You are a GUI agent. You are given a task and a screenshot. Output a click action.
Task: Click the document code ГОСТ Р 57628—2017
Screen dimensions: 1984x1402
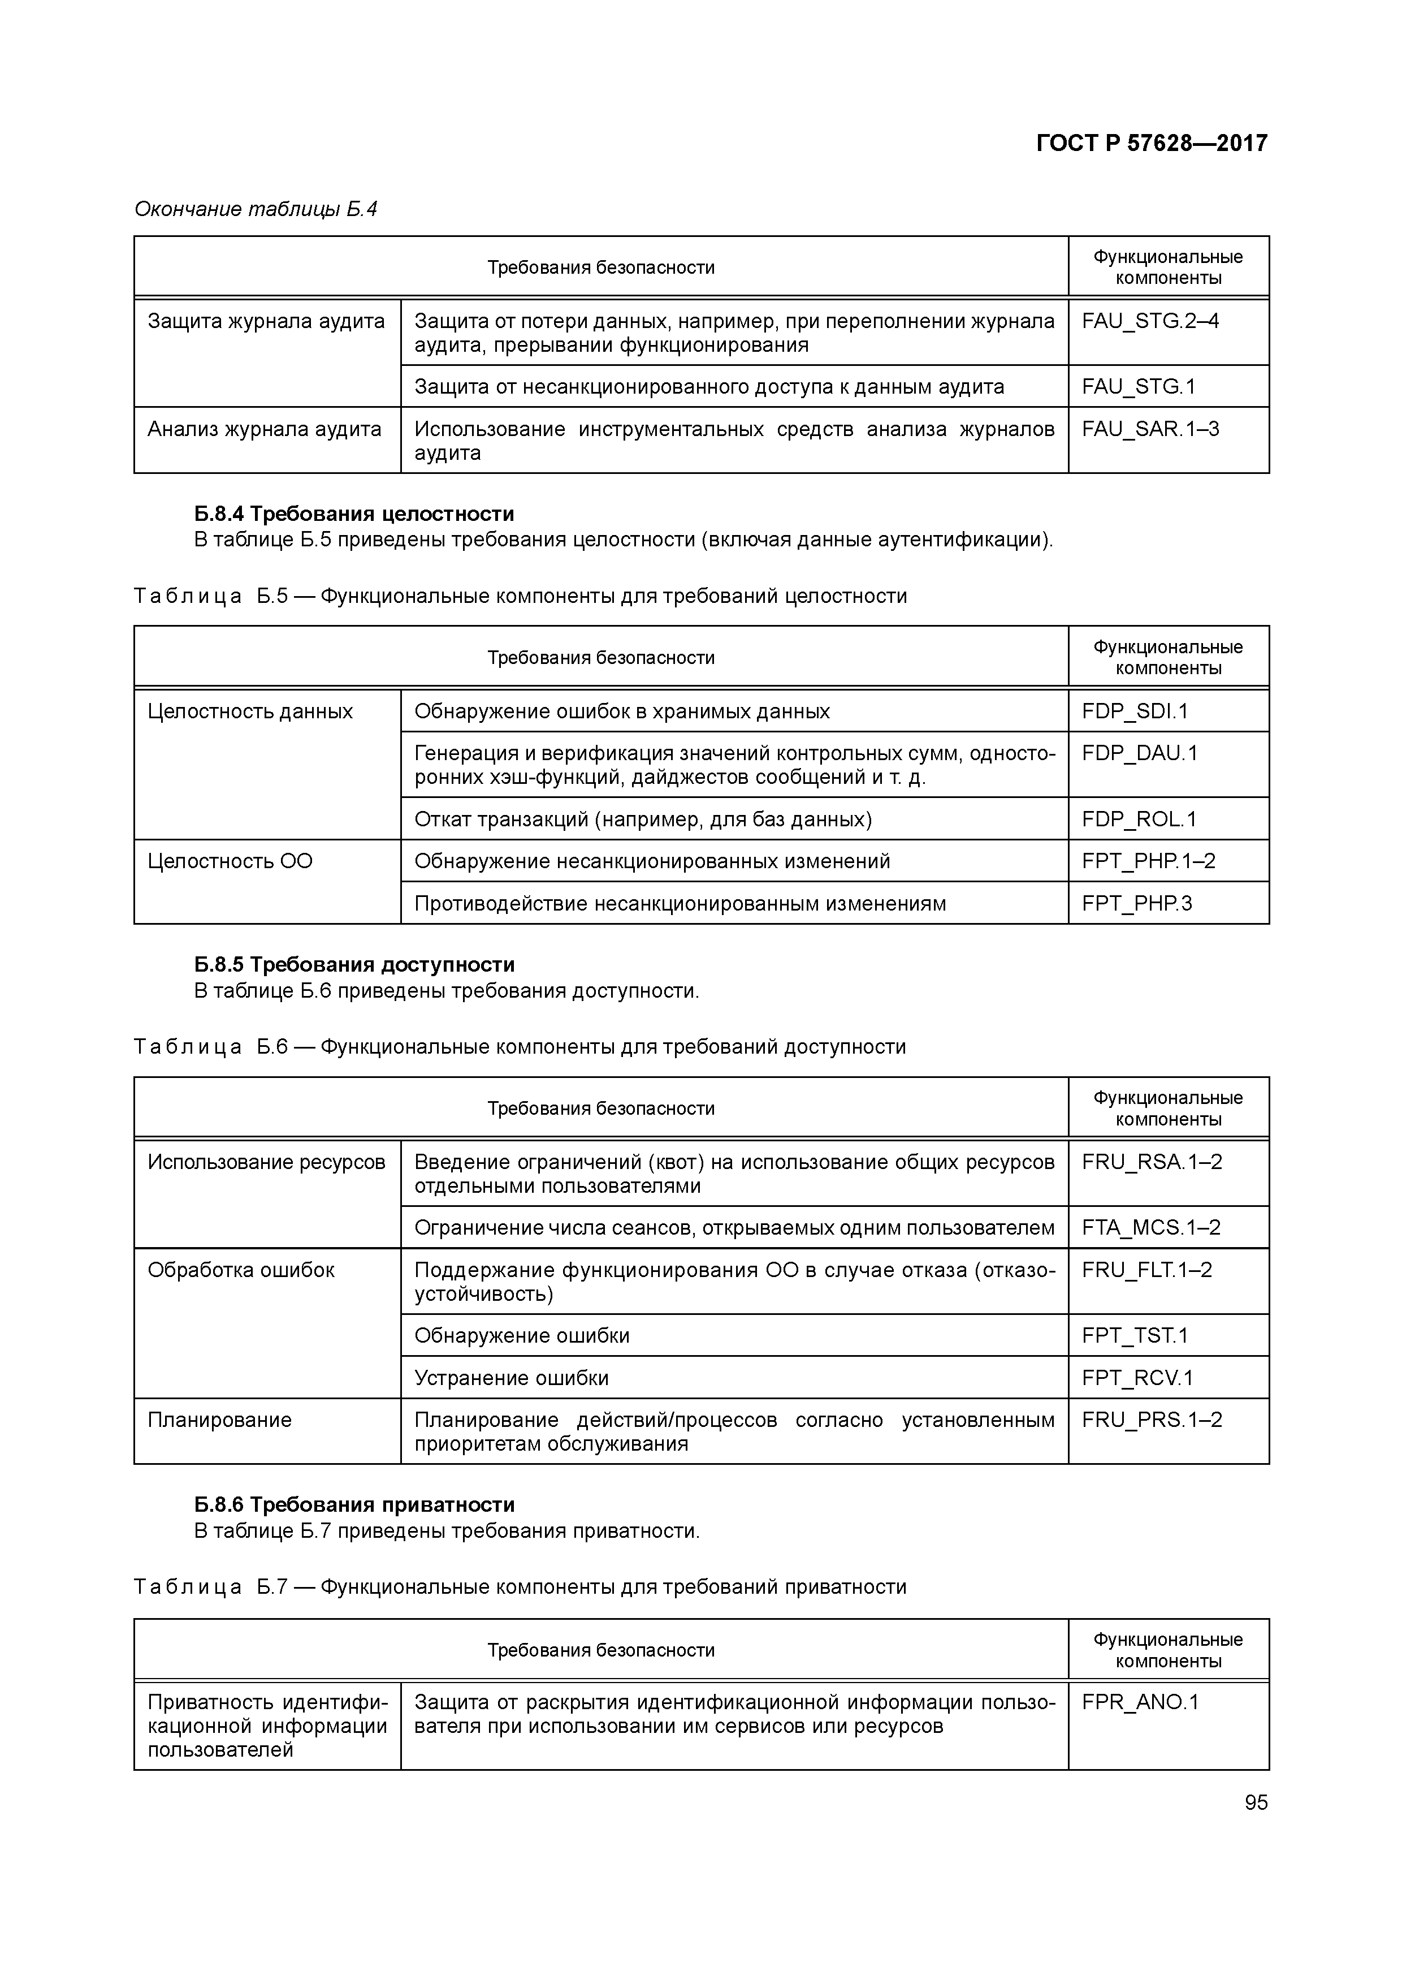point(1152,143)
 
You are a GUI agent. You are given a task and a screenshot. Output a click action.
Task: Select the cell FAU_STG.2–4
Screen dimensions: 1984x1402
point(1150,321)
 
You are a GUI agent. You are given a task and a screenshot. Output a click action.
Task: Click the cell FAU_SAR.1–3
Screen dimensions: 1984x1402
point(1150,429)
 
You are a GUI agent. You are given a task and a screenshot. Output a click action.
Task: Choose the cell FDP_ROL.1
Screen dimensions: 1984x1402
point(1139,819)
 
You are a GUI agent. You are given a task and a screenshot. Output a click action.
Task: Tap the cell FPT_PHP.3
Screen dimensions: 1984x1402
point(1137,904)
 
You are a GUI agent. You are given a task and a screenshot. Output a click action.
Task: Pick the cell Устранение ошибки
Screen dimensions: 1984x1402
point(512,1377)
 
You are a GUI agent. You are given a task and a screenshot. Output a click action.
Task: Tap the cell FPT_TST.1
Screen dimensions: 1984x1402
point(1135,1336)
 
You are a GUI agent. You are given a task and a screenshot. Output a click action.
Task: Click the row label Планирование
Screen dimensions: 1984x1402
point(219,1420)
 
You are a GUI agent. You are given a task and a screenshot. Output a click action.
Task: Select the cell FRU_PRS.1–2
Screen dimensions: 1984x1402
point(1152,1420)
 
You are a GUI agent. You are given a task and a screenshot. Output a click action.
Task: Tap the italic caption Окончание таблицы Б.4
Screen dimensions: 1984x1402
point(256,209)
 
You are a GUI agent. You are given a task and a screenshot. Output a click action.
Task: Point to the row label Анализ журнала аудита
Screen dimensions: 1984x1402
point(265,429)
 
